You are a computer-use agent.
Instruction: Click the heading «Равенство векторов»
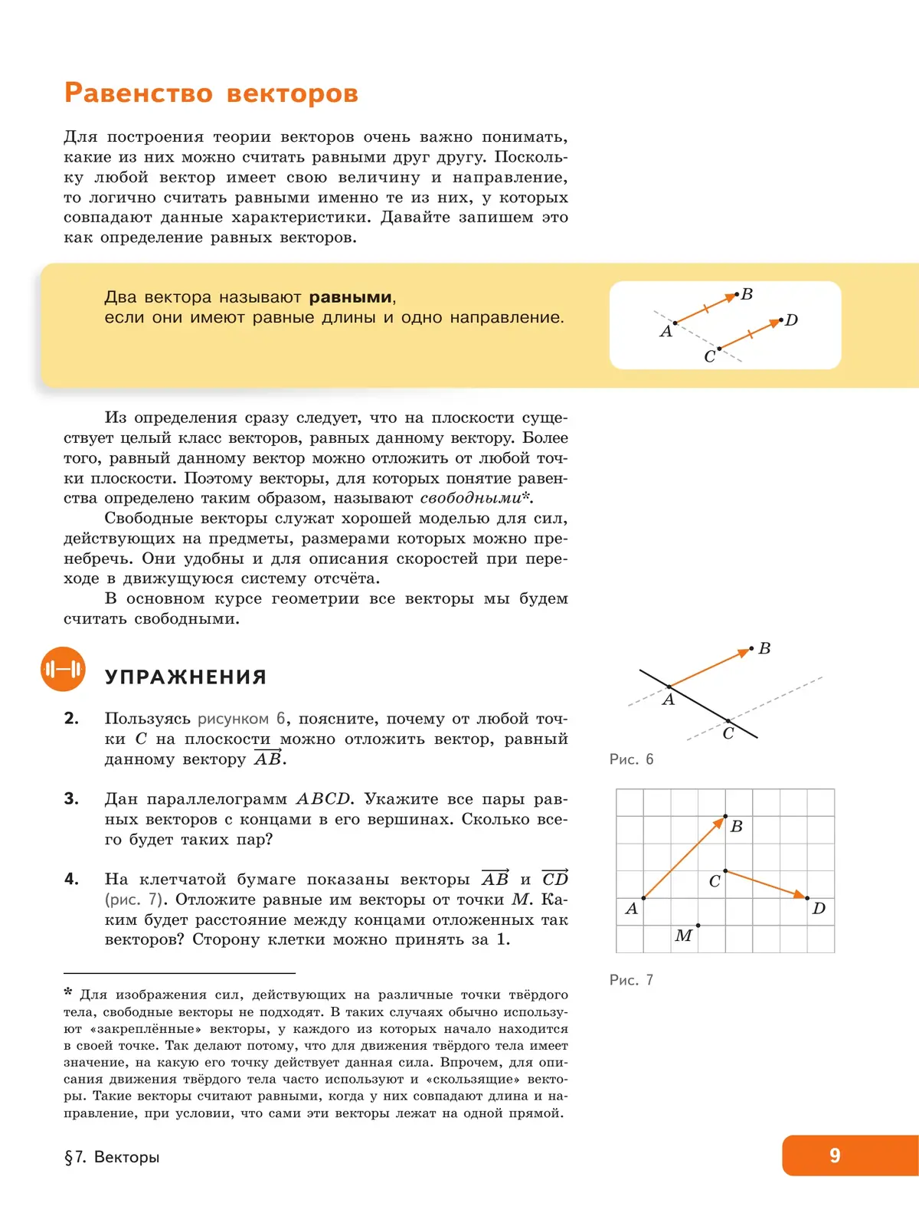[211, 93]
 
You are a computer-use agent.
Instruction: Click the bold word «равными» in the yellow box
[351, 297]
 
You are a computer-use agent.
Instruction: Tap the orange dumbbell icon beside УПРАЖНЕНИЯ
[63, 670]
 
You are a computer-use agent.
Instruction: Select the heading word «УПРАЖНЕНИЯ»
[185, 677]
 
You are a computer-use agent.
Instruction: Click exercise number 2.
[71, 719]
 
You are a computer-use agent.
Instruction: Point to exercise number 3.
[71, 799]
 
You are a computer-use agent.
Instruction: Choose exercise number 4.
[71, 880]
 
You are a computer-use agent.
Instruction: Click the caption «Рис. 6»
[631, 759]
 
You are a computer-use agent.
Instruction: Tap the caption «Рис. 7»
[631, 980]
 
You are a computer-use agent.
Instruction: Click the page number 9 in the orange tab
[835, 1155]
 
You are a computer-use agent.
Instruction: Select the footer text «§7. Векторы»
[112, 1157]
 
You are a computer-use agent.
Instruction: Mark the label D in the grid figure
[819, 909]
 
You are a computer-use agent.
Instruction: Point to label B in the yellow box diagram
[747, 294]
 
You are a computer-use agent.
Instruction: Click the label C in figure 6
[728, 734]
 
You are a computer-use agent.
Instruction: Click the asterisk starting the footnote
[68, 993]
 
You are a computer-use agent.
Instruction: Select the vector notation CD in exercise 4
[555, 879]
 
